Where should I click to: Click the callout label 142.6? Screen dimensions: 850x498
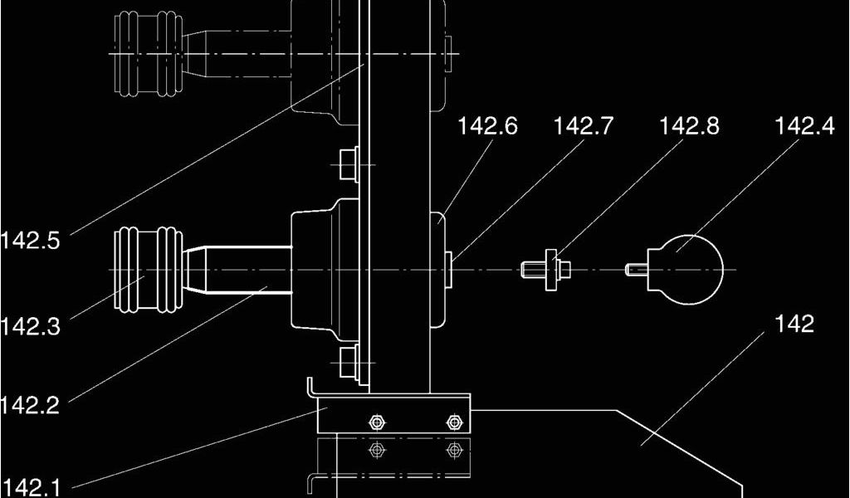pos(487,126)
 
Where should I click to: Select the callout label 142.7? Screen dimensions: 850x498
pos(584,126)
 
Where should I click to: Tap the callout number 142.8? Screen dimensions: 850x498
pos(689,126)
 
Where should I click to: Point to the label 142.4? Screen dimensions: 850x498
pos(804,126)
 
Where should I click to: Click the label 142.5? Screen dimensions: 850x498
pos(31,242)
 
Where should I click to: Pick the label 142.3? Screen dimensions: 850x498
pos(31,326)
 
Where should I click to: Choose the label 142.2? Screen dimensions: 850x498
pos(31,405)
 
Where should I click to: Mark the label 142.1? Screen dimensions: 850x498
pos(31,487)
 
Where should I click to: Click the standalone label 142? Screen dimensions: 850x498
pos(794,324)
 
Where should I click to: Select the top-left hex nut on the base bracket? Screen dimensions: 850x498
pos(377,422)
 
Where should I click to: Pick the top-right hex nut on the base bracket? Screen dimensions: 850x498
pos(453,422)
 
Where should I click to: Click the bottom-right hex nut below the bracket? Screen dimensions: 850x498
pos(453,450)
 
